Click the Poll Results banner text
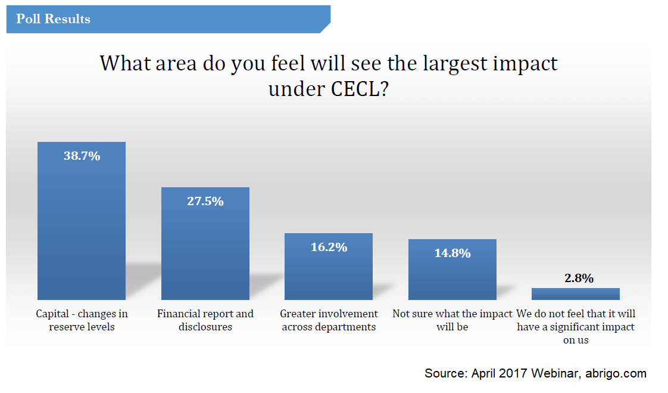pyautogui.click(x=53, y=19)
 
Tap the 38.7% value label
pyautogui.click(x=82, y=156)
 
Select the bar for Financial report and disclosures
pyautogui.click(x=205, y=250)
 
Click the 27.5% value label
pyautogui.click(x=205, y=202)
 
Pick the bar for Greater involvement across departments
pyautogui.click(x=329, y=271)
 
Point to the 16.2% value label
pyautogui.click(x=329, y=247)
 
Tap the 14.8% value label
pyautogui.click(x=452, y=253)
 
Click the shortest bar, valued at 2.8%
pyautogui.click(x=576, y=294)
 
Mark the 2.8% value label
pyautogui.click(x=576, y=278)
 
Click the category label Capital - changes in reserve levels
pyautogui.click(x=82, y=320)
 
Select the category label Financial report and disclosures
pyautogui.click(x=205, y=320)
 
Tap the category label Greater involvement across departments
pyautogui.click(x=329, y=320)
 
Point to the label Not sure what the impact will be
pyautogui.click(x=452, y=320)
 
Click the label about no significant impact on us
pyautogui.click(x=576, y=327)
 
